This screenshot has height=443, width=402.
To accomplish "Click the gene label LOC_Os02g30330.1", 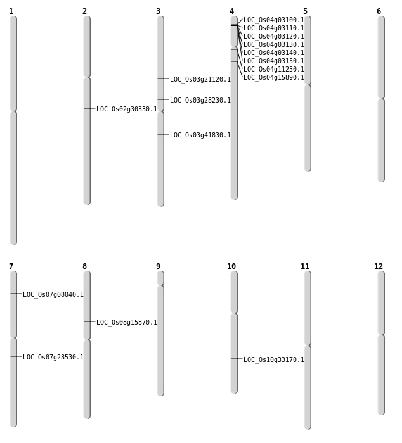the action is click(127, 109).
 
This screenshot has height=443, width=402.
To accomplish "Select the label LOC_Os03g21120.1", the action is click(200, 79).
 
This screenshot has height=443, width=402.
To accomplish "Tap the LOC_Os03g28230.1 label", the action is click(200, 100).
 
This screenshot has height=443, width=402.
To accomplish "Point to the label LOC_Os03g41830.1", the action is click(200, 135).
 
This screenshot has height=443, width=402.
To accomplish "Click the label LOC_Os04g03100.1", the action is click(274, 20).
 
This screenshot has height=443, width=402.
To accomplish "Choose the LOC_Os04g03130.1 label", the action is click(274, 44).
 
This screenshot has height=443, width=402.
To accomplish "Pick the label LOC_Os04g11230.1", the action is click(274, 69).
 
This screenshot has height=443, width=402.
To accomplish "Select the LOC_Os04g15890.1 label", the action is click(274, 77).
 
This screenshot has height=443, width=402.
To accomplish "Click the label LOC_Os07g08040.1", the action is click(53, 294).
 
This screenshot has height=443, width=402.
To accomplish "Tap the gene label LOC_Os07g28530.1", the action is click(53, 357).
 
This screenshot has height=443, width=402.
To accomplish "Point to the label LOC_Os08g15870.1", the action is click(127, 322).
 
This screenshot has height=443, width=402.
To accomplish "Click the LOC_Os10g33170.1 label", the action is click(274, 359).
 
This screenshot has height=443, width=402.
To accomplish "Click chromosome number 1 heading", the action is click(11, 11).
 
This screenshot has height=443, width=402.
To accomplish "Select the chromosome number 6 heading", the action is click(379, 11).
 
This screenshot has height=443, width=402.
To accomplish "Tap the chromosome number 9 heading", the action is click(158, 266).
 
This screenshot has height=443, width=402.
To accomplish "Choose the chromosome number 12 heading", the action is click(379, 266).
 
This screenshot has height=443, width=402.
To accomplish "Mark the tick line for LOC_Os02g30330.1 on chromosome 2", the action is click(89, 108).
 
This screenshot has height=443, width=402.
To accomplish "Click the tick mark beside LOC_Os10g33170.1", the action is click(237, 359).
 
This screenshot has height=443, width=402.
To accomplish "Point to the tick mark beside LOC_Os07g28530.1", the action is click(16, 356).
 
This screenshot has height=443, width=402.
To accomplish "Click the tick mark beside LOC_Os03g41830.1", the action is click(163, 134).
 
